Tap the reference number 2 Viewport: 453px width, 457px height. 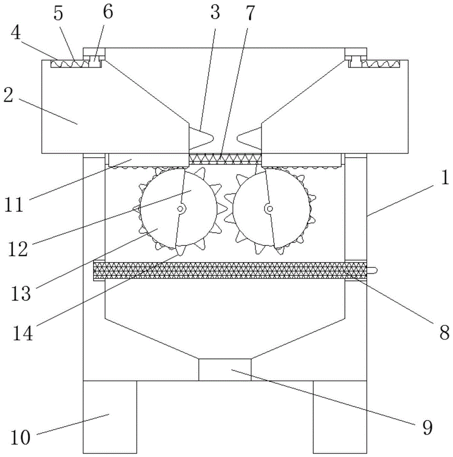coord(9,95)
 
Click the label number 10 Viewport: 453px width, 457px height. coord(20,437)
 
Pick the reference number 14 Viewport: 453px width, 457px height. coord(22,333)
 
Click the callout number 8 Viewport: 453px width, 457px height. coord(444,332)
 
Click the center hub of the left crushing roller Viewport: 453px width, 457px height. coord(180,208)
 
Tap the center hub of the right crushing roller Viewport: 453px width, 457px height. coord(270,208)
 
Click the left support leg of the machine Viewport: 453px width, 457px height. coord(110,417)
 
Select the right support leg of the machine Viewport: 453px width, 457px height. coord(340,417)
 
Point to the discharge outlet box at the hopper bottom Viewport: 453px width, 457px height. coord(225,370)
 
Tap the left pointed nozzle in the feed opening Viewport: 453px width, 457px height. coord(201,137)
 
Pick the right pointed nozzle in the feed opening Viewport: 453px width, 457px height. coord(249,137)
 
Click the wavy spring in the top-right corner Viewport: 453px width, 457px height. coord(381,64)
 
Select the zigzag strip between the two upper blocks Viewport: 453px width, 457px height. coord(225,159)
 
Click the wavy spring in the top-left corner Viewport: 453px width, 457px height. coord(70,64)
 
